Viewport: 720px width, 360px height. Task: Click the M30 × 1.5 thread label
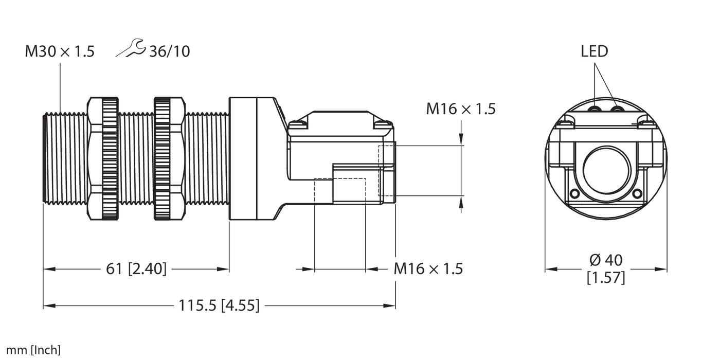(60, 51)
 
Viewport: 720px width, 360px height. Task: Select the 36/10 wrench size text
(169, 51)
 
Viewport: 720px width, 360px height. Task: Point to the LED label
(595, 51)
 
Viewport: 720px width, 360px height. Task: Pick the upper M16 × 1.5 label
(461, 109)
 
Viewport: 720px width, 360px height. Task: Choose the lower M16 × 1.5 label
(428, 268)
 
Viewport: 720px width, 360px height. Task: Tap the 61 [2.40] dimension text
(136, 268)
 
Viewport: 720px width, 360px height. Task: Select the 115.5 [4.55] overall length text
(219, 306)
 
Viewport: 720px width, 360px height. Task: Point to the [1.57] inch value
(606, 278)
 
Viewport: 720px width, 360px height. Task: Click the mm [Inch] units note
(30, 351)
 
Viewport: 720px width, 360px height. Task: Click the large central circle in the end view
(606, 168)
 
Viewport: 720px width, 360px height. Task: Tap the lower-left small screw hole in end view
(574, 193)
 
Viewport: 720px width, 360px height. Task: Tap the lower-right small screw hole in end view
(637, 193)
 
